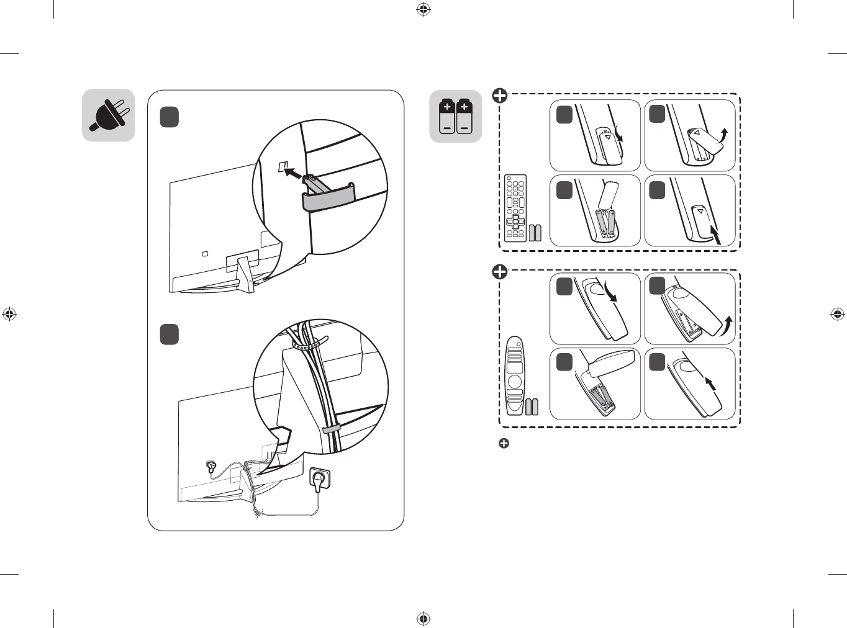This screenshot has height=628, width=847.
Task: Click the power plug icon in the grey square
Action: point(109,115)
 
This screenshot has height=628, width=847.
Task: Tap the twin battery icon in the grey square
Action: point(456,116)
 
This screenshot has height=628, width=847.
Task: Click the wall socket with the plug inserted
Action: point(319,479)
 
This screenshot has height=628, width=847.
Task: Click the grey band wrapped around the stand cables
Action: point(330,429)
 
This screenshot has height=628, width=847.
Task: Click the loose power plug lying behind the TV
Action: point(212,467)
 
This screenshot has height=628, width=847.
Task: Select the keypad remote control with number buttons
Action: point(515,208)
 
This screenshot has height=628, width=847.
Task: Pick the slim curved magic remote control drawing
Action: point(515,375)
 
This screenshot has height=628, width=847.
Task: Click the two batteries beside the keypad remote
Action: point(535,232)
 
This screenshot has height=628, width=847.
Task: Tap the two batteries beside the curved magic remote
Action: point(532,406)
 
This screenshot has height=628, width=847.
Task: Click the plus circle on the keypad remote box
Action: point(500,96)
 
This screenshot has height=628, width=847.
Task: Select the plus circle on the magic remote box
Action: point(500,272)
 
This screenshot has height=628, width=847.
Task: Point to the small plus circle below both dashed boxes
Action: point(504,443)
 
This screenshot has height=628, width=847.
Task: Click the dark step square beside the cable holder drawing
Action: point(170,117)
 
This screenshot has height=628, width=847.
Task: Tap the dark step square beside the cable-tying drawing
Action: point(170,334)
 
